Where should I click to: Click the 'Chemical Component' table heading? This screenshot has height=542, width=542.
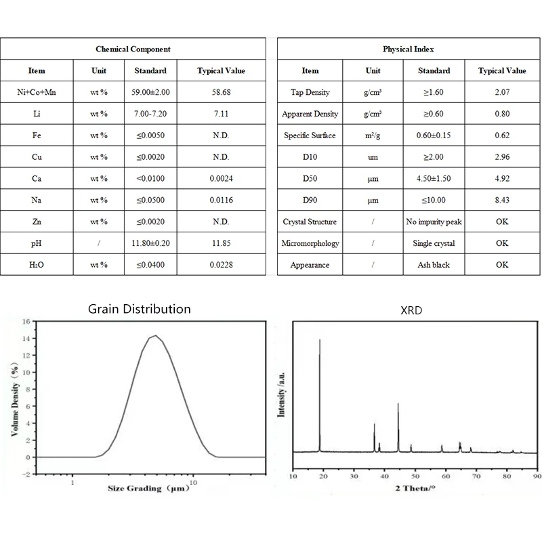click(133, 49)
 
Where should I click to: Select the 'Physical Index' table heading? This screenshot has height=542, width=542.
click(408, 49)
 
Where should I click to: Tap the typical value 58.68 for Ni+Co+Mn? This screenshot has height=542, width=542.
click(221, 92)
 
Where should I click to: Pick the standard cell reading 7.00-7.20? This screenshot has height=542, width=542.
click(150, 114)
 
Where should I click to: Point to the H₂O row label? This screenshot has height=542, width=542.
click(37, 265)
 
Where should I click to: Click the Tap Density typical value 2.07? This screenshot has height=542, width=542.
click(501, 92)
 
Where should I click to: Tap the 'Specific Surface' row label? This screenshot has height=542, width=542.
click(310, 135)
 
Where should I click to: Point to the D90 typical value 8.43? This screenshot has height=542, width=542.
click(501, 200)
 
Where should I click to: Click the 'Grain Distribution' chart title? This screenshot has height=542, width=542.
click(140, 309)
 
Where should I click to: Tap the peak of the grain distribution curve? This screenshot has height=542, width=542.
click(155, 335)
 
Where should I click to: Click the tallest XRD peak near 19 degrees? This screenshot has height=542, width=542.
click(320, 339)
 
